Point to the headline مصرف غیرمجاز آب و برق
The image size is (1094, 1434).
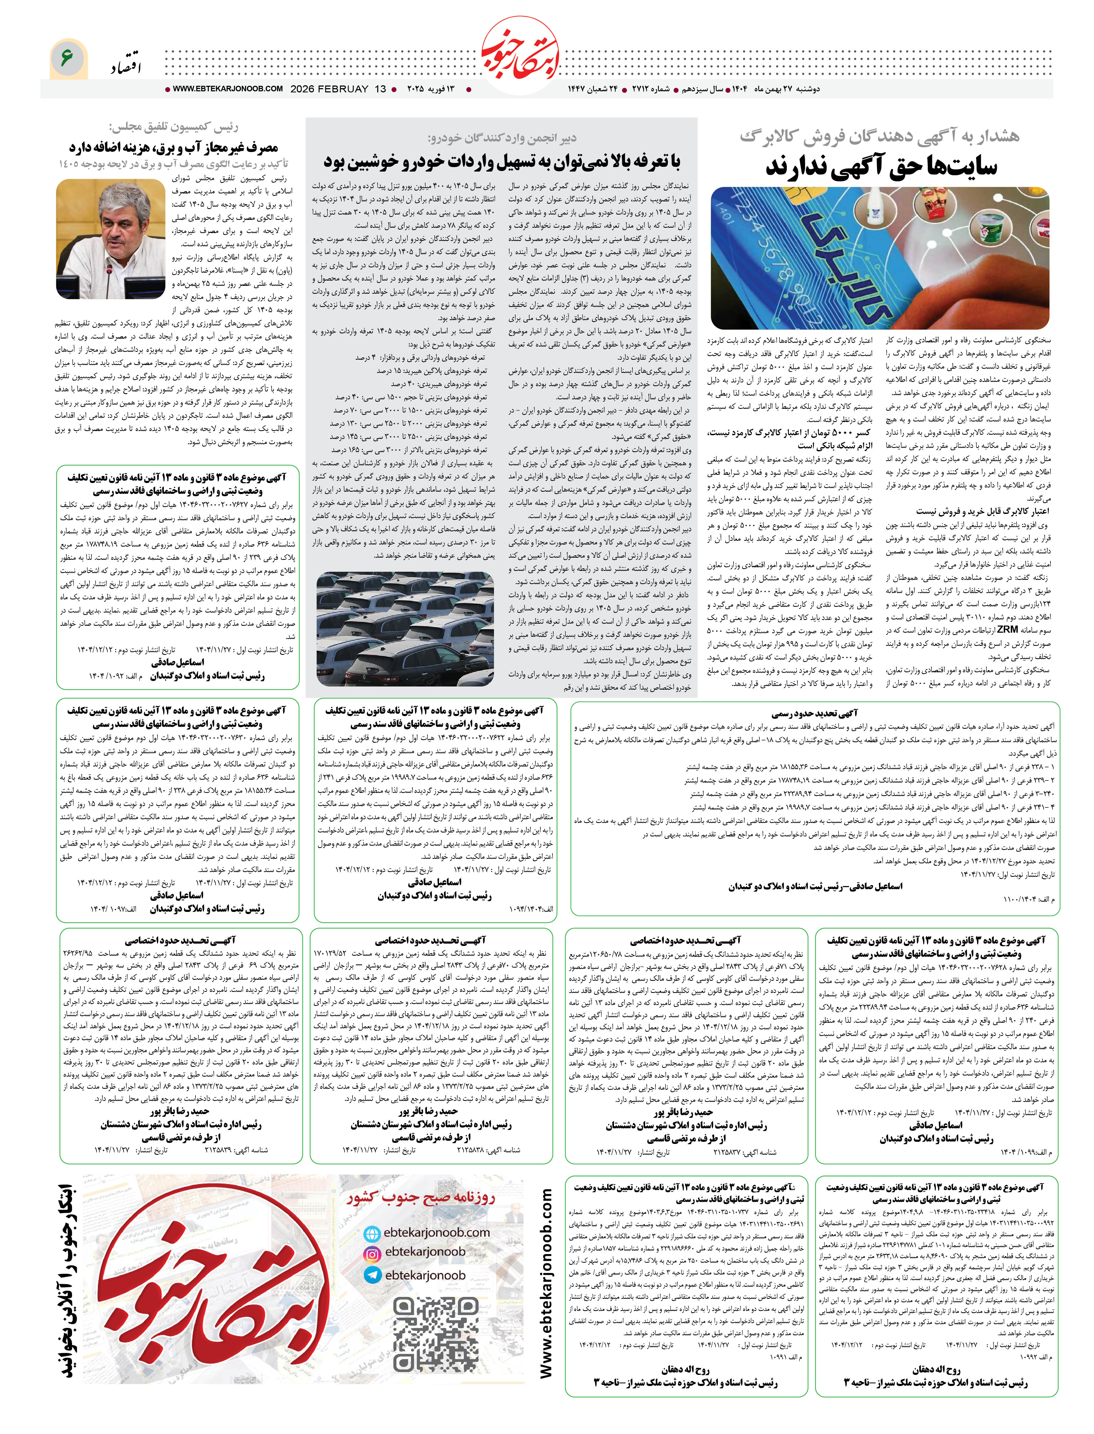tap(173, 147)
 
